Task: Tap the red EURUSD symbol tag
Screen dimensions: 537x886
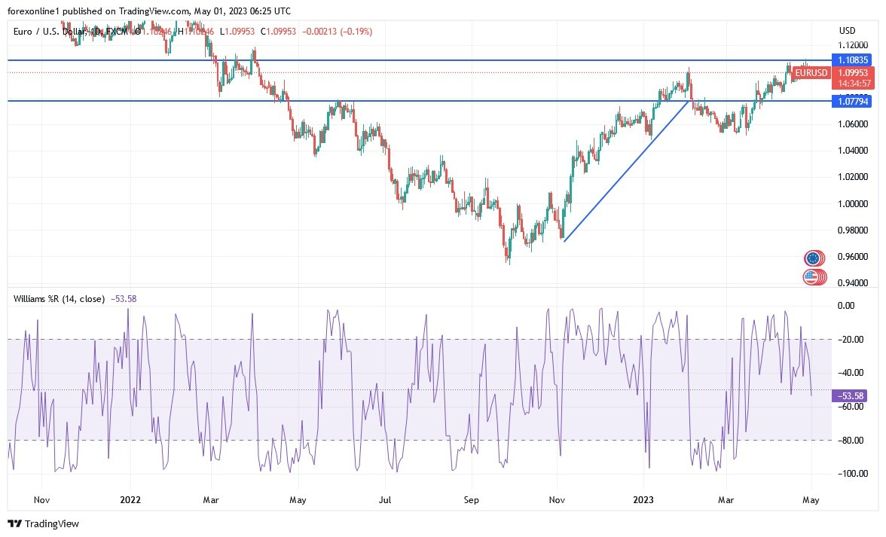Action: pos(811,73)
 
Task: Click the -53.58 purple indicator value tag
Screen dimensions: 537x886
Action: pos(851,395)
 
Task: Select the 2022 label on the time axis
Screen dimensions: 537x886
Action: pos(130,499)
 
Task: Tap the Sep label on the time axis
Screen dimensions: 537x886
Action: pos(471,499)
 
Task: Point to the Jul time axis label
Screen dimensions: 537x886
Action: pos(385,499)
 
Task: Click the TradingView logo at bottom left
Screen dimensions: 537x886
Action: pos(44,523)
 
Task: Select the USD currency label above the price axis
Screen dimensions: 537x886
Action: pos(848,30)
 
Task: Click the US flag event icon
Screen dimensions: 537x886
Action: pos(811,277)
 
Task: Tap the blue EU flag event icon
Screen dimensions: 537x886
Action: pos(811,258)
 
